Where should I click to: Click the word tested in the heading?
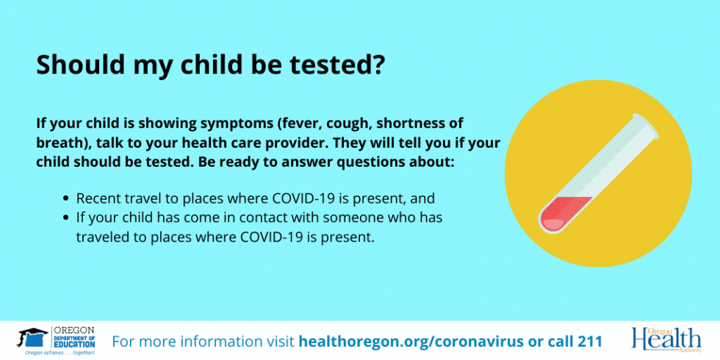pos(331,65)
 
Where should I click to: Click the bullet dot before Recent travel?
pos(66,199)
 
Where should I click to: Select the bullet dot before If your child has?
pos(66,217)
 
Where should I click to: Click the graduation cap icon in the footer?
pos(32,337)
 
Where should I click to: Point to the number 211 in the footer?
pos(588,341)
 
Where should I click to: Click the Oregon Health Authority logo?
pos(666,339)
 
